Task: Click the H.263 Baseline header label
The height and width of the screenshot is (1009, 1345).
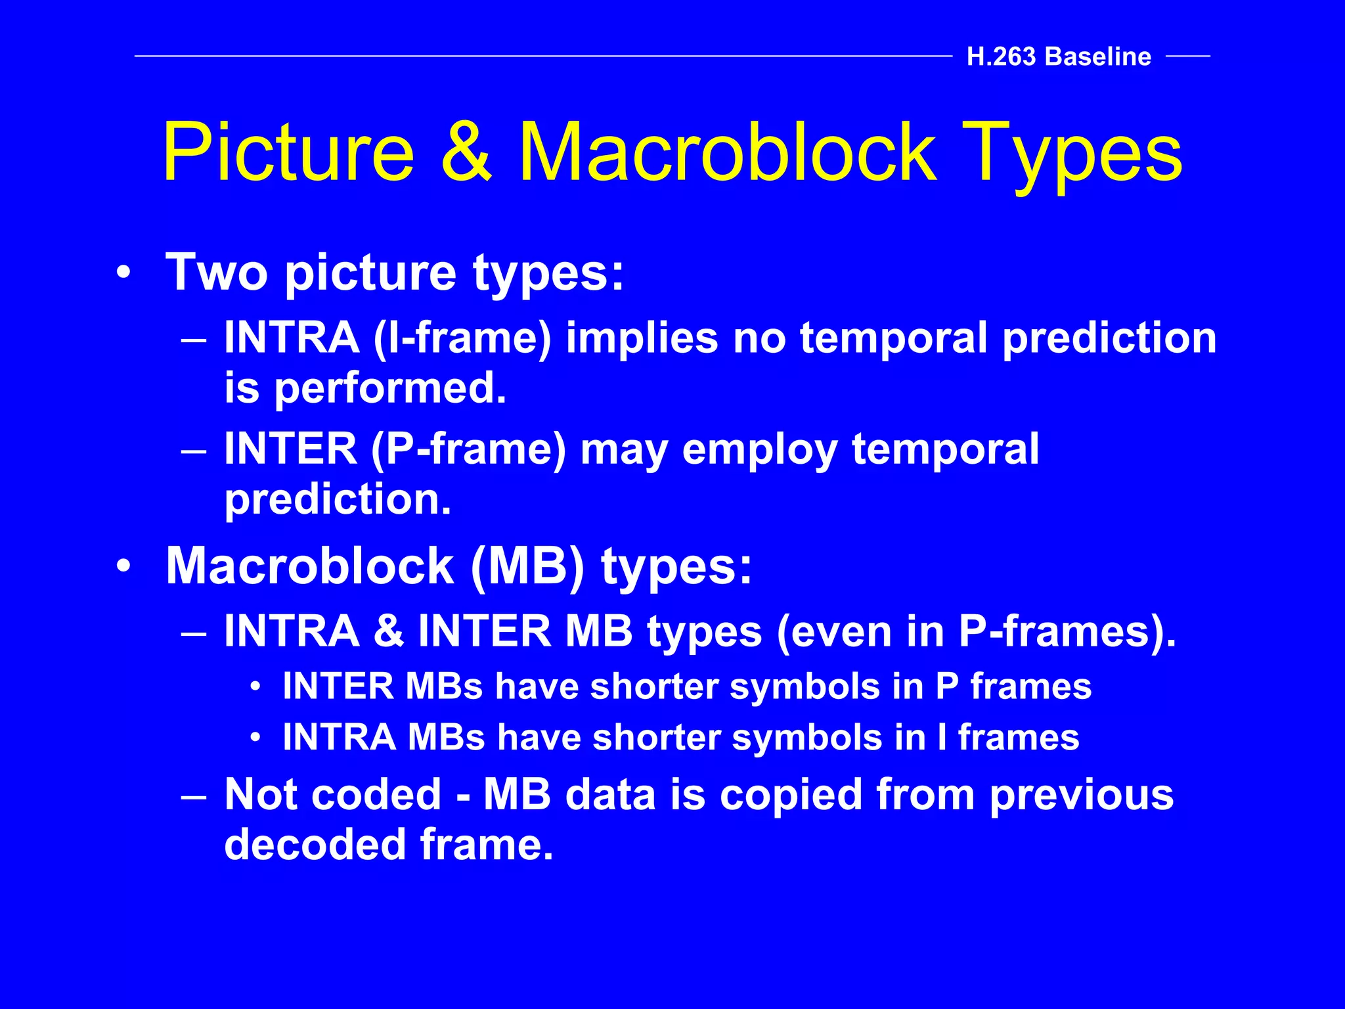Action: (x=1059, y=57)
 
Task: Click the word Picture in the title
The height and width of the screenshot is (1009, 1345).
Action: (x=288, y=152)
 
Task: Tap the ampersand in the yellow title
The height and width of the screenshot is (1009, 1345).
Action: (x=466, y=152)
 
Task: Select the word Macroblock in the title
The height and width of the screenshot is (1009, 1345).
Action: (x=727, y=152)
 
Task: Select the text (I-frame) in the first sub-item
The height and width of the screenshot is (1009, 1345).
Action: (x=462, y=339)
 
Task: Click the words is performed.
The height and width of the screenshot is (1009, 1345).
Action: (x=365, y=388)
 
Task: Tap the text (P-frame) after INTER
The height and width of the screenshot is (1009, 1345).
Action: (x=468, y=450)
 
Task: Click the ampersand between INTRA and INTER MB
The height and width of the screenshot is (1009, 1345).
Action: (x=389, y=631)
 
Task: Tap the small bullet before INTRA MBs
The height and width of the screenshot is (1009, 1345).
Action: (x=255, y=738)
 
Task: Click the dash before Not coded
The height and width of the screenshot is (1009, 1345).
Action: (x=194, y=796)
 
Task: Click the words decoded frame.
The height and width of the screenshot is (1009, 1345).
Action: (x=389, y=845)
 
